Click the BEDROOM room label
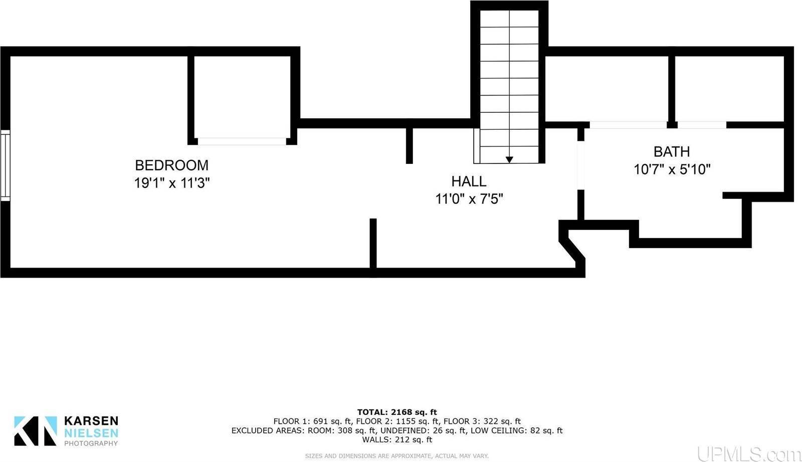[171, 165]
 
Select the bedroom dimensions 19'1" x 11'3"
[171, 183]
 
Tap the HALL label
[469, 181]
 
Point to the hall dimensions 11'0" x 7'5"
[469, 199]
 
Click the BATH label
[671, 151]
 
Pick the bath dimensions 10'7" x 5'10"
[672, 169]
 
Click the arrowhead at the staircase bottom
[509, 160]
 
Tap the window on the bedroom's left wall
[5, 165]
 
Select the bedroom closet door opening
[242, 141]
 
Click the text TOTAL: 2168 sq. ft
[397, 412]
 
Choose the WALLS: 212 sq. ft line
[397, 440]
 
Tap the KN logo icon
[35, 431]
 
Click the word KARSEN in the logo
[91, 421]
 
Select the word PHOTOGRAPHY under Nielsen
[91, 443]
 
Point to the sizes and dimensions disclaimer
[397, 456]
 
